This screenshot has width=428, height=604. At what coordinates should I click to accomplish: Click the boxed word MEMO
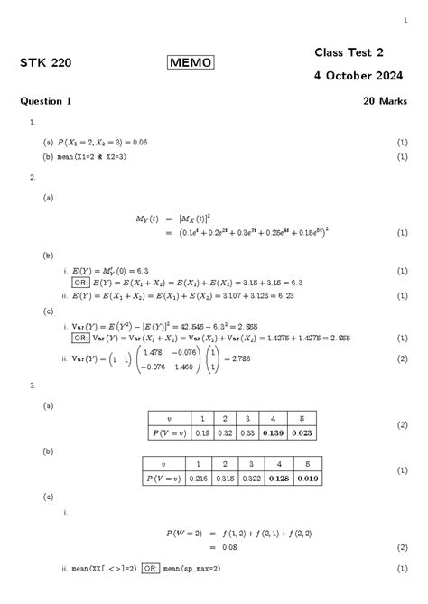coord(191,62)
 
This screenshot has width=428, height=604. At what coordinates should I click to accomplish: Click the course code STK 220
coord(45,63)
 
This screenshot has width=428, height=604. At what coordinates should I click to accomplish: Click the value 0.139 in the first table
coord(270,433)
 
